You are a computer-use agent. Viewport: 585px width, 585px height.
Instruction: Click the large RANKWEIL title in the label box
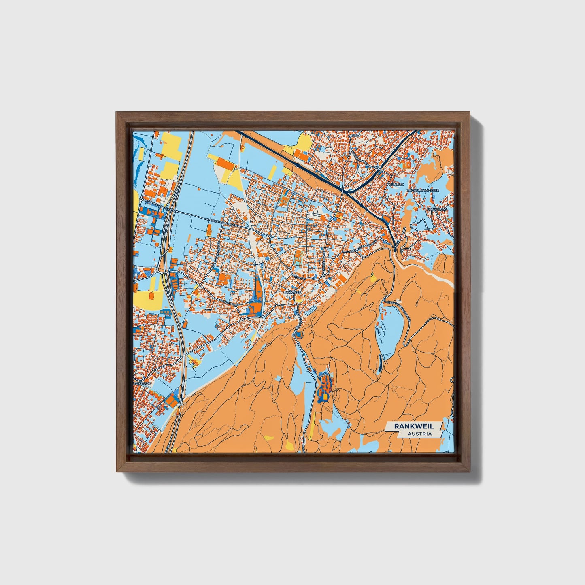pos(411,426)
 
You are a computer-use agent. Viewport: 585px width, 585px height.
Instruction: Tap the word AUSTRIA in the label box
pos(419,434)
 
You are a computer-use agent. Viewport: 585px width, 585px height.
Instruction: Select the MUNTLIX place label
pos(396,184)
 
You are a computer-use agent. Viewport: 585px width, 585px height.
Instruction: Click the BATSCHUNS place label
pos(437,209)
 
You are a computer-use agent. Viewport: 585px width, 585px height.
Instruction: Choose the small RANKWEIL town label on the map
pos(293,292)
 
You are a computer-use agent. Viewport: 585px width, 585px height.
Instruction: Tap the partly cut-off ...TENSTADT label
pos(140,382)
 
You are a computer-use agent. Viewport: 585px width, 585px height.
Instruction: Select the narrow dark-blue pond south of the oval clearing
pos(380,364)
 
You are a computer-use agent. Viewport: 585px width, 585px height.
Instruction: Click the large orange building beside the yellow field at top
pos(225,164)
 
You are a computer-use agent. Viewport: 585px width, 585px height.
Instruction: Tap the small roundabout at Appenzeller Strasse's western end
pos(140,200)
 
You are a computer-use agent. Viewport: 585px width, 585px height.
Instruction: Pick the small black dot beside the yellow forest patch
pos(372,275)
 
